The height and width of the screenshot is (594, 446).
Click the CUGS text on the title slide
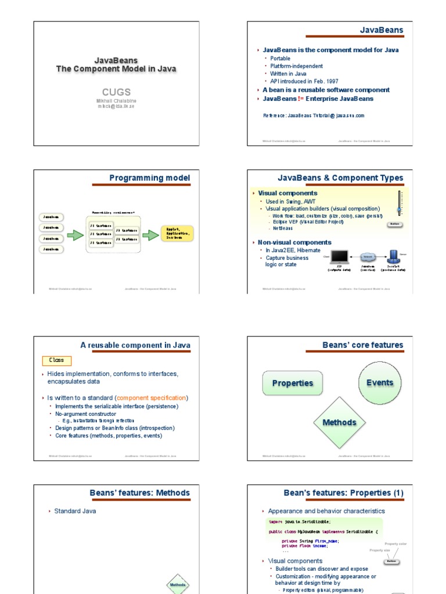click(116, 92)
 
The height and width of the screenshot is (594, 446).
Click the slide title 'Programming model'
click(150, 178)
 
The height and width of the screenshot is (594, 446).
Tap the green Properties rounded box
click(293, 383)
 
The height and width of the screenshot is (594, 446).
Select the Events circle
click(380, 383)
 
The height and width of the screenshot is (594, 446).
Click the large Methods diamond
click(339, 423)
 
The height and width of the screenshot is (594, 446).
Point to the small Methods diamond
click(178, 585)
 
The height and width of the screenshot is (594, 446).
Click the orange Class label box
click(57, 361)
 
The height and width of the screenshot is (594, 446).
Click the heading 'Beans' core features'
click(362, 345)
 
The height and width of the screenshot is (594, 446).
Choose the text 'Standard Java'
click(75, 511)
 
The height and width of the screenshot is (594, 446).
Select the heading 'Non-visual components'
click(294, 242)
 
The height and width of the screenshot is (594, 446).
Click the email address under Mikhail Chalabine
click(116, 107)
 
